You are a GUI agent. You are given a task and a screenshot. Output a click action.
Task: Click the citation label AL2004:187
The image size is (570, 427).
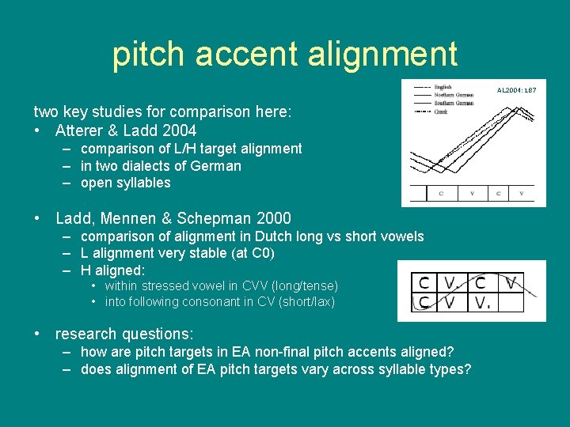tap(516, 90)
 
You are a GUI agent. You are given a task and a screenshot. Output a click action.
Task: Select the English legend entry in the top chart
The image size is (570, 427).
tap(443, 87)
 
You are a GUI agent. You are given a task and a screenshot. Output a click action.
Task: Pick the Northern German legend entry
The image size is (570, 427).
tap(453, 95)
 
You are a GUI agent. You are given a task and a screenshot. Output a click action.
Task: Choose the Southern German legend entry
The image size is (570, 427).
tap(453, 104)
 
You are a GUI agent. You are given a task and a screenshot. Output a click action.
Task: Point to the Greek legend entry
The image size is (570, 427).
tap(440, 112)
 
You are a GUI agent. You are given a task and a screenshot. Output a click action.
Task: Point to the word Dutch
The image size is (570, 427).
tap(249, 236)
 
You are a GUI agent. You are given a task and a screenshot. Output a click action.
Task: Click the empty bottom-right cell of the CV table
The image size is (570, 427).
tap(511, 304)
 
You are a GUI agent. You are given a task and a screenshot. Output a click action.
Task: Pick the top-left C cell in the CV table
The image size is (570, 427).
tap(424, 282)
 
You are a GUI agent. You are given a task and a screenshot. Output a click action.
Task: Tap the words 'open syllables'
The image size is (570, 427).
tap(126, 183)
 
